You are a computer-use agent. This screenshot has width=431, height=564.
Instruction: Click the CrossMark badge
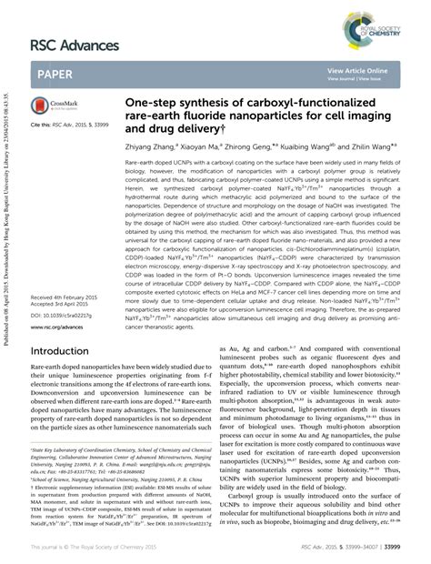click(x=51, y=106)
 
